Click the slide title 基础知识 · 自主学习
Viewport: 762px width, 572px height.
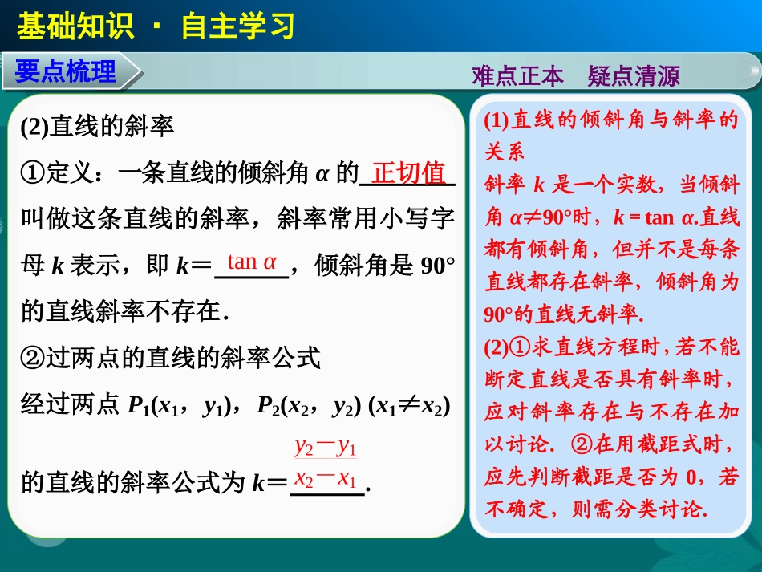point(156,26)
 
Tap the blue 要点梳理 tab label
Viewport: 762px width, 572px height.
point(66,72)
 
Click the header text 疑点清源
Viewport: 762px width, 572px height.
point(634,76)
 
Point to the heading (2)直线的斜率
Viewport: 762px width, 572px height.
point(98,126)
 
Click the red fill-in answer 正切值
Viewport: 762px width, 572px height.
point(409,172)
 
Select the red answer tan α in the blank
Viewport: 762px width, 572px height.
point(252,262)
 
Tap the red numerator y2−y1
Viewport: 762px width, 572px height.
point(326,446)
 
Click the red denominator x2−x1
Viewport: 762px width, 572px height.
point(326,479)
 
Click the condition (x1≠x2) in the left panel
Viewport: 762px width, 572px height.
point(409,405)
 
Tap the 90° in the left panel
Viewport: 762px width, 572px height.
point(437,266)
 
